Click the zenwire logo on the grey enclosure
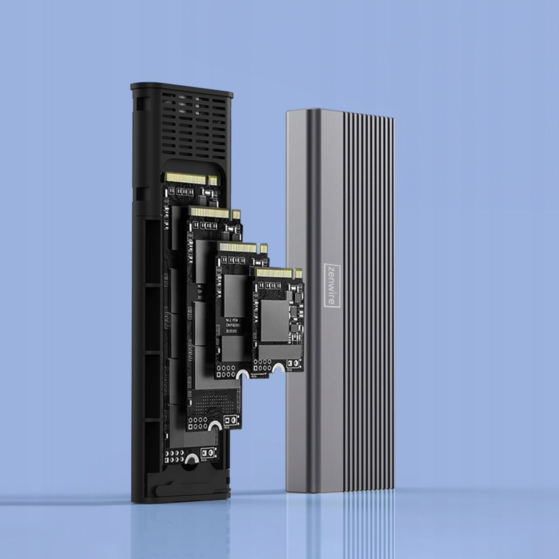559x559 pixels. click(x=332, y=284)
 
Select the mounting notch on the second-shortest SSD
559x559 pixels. click(x=242, y=375)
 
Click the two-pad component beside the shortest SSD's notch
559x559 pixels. click(x=293, y=365)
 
